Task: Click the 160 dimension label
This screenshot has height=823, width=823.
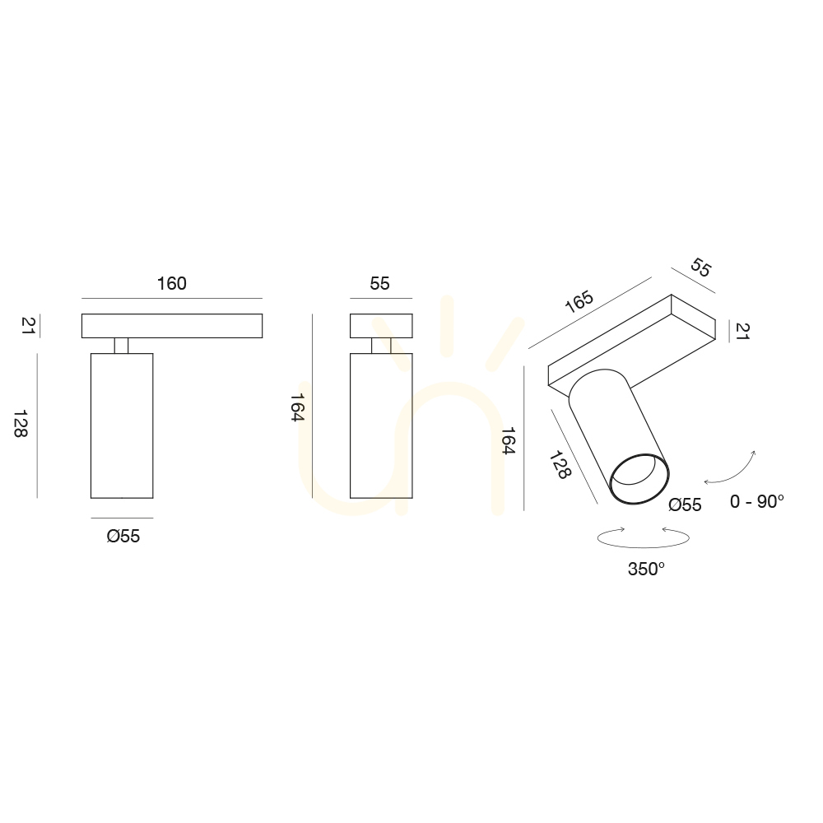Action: pos(172,283)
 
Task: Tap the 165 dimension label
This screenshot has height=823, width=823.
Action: pos(579,301)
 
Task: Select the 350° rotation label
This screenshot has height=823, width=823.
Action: pos(646,569)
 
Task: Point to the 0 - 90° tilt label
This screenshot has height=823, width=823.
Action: pos(756,501)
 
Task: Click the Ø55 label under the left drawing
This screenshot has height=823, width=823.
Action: pos(123,536)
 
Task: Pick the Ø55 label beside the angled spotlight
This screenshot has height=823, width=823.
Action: pos(685,504)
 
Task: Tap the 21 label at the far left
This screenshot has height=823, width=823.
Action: pos(28,325)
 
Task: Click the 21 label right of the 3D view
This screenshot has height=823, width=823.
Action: pos(742,331)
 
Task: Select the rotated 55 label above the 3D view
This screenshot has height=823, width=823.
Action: pos(700,267)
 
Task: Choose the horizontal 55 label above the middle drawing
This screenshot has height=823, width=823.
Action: pos(379,283)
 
